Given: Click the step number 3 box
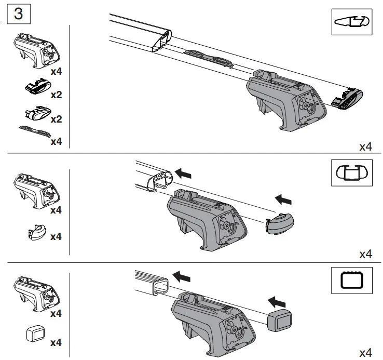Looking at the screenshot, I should (x=18, y=14).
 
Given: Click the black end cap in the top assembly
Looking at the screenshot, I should (x=347, y=99).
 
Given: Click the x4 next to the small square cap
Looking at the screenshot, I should (x=56, y=342).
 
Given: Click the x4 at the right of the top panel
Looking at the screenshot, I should (x=366, y=147).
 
